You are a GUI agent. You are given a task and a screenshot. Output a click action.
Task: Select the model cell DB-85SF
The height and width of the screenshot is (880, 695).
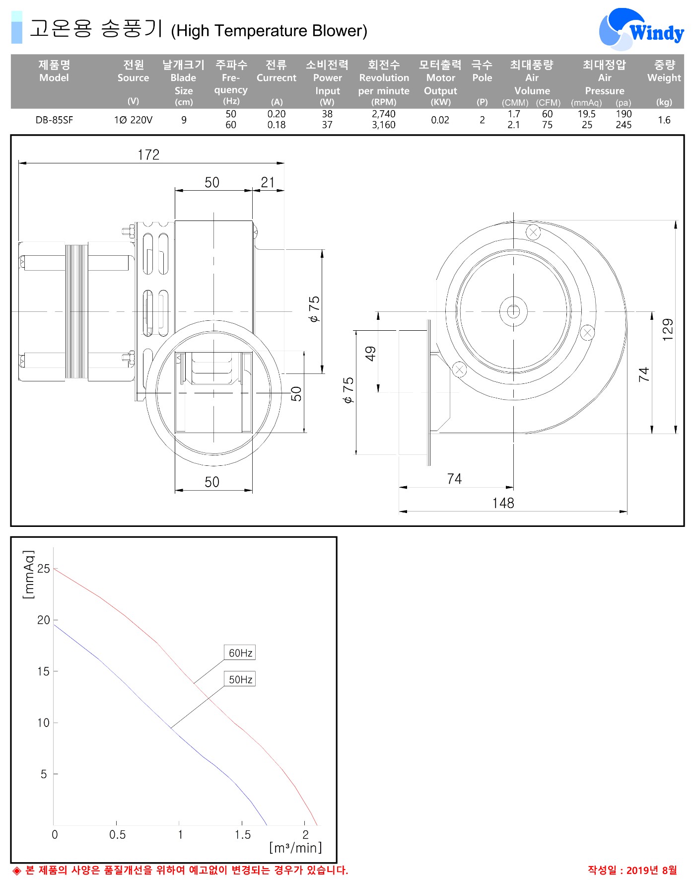click(x=54, y=120)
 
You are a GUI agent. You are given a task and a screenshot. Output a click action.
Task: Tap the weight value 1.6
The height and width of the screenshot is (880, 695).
click(x=664, y=120)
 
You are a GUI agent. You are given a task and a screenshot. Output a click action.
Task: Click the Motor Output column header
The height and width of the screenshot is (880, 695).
click(x=440, y=83)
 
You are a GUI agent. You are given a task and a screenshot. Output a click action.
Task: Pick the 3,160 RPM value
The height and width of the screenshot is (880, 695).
click(x=384, y=125)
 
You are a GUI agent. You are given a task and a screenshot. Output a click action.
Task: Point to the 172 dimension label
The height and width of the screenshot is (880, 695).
click(x=148, y=155)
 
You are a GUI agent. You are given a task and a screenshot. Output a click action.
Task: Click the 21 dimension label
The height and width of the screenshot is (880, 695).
click(x=268, y=182)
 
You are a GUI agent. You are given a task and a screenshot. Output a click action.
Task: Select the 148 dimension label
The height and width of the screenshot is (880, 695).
click(x=503, y=503)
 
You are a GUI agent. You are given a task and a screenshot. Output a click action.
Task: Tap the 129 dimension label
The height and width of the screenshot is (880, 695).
click(x=668, y=329)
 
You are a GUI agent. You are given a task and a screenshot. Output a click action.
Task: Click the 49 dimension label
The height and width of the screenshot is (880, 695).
click(x=370, y=354)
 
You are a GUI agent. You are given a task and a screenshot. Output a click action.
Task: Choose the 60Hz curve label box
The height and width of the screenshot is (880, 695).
click(x=240, y=653)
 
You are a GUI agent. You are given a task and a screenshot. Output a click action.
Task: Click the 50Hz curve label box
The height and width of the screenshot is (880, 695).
click(x=240, y=679)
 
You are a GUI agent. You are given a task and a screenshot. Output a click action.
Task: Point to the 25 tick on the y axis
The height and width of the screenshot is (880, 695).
click(x=44, y=569)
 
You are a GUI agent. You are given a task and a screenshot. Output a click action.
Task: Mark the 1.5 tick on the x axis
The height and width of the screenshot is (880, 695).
click(x=243, y=835)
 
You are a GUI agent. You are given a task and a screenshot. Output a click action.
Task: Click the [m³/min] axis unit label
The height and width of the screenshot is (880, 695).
click(x=295, y=848)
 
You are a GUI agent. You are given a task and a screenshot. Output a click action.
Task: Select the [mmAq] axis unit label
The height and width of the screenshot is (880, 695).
click(x=29, y=575)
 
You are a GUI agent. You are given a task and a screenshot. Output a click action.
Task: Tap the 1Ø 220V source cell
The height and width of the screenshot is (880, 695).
click(x=133, y=120)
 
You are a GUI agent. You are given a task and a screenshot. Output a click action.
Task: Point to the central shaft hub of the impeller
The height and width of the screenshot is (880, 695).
click(x=513, y=311)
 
